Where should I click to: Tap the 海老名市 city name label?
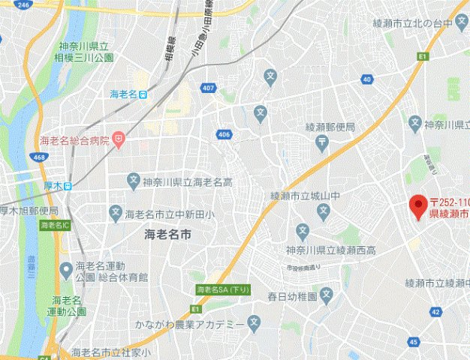tap(168, 235)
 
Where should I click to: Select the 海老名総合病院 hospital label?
tap(74, 140)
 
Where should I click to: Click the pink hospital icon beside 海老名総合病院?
tap(119, 140)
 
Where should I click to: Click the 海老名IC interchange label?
tap(56, 224)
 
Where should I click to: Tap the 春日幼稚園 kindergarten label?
tap(293, 297)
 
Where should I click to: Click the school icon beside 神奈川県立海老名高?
tap(134, 181)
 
